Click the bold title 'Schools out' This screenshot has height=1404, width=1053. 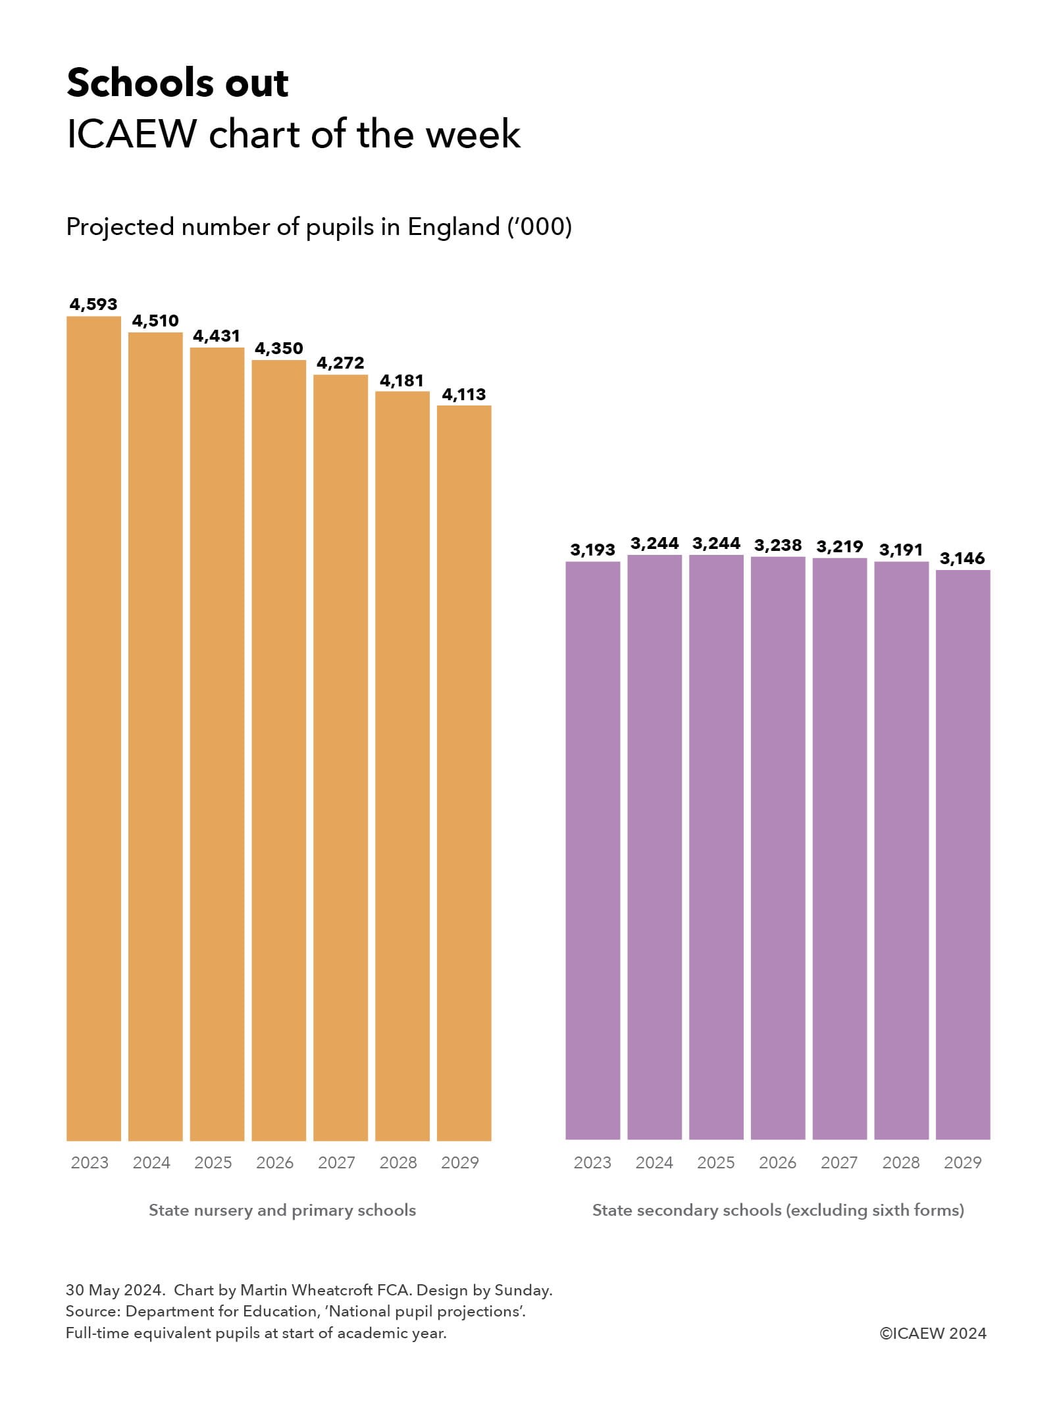click(178, 84)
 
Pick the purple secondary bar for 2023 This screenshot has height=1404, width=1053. click(592, 849)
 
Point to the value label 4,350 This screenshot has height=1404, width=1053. click(279, 349)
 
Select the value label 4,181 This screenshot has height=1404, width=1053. click(402, 381)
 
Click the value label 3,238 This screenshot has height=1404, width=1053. click(778, 546)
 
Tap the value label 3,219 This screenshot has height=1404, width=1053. click(840, 547)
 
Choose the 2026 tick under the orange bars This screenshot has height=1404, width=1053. click(274, 1163)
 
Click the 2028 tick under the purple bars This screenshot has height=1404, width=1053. click(901, 1163)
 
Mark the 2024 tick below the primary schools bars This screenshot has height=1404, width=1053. click(151, 1163)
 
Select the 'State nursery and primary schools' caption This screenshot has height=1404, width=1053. click(282, 1210)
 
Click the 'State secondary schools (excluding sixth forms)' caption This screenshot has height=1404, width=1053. click(778, 1210)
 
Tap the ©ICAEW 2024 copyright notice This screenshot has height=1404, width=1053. click(933, 1334)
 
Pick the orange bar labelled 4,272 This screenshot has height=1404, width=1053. click(340, 757)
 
